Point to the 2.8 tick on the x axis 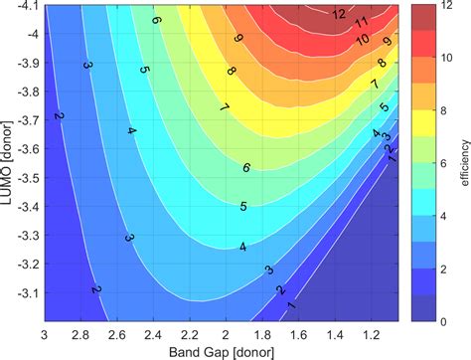tap(81, 332)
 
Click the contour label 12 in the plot tap(339, 14)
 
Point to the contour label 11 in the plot tap(362, 21)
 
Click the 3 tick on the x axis tap(45, 332)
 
